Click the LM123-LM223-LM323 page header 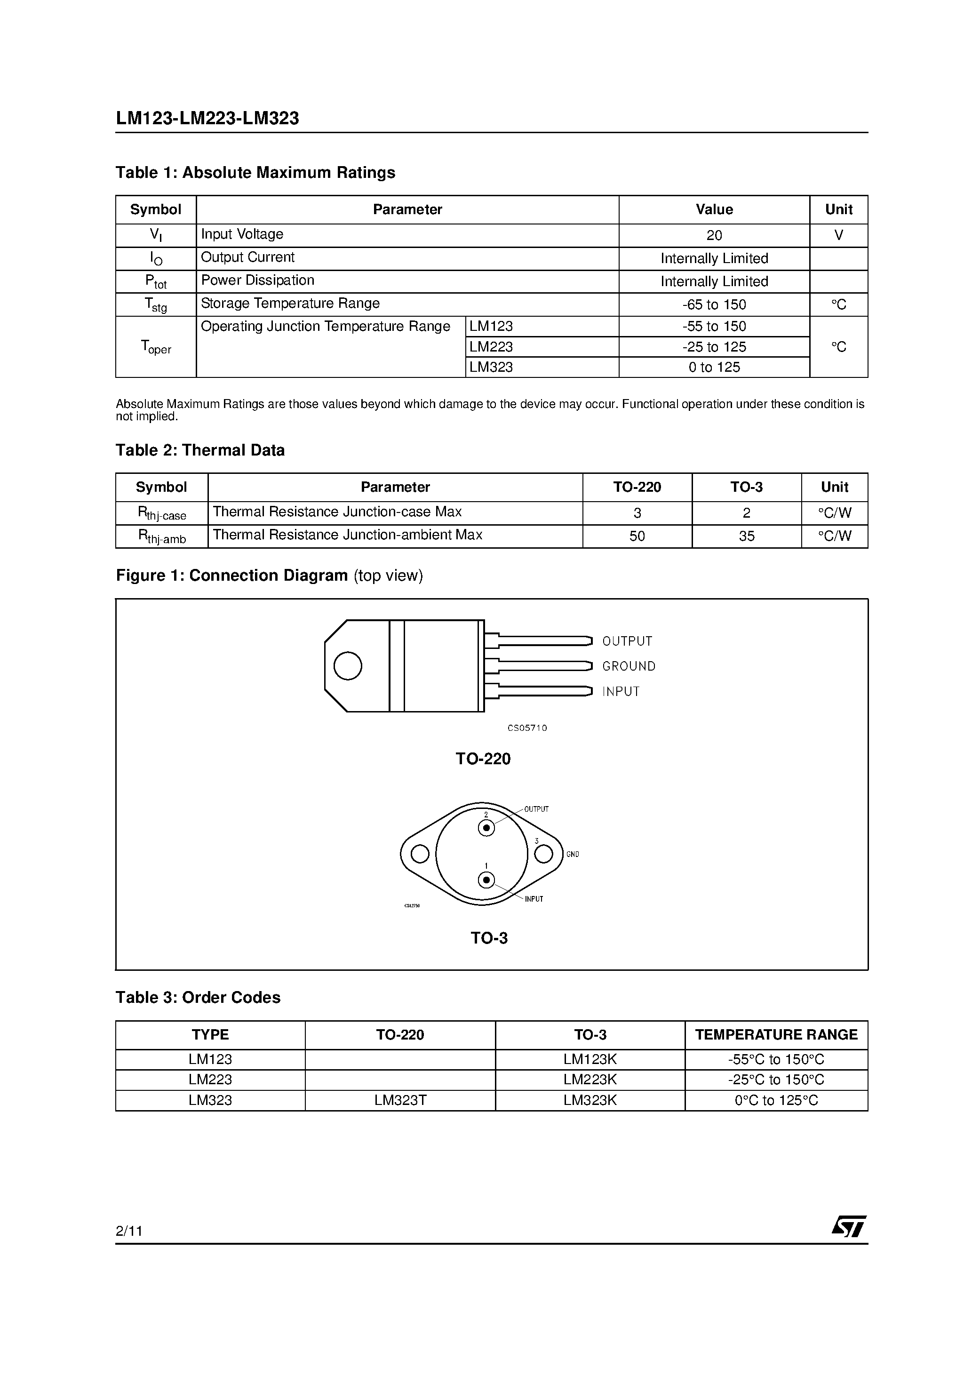[207, 119]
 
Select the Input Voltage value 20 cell [714, 235]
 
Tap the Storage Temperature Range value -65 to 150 [714, 304]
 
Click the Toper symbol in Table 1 [156, 347]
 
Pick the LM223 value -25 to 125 [714, 347]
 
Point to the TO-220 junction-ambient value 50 [637, 536]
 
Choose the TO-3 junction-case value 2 [746, 513]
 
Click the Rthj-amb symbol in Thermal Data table [162, 536]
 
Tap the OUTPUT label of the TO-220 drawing [627, 641]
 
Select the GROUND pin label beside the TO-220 [629, 666]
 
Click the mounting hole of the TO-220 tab [348, 666]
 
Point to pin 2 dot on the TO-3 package [486, 828]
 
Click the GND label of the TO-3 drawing [572, 854]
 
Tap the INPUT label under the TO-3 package [534, 899]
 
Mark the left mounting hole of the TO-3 [420, 854]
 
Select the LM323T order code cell [400, 1100]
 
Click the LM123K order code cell [590, 1060]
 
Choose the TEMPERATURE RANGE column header [776, 1035]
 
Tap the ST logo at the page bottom [848, 1226]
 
